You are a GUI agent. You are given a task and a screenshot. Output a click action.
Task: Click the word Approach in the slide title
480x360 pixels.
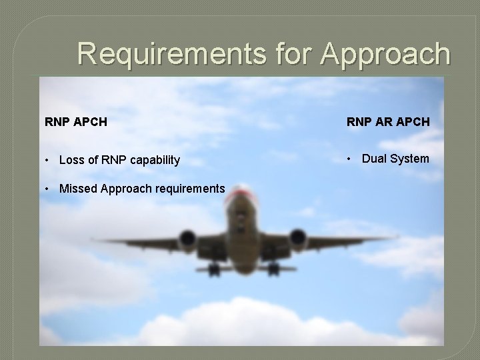pos(385,53)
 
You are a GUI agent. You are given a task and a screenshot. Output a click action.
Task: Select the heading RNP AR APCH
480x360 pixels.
pos(388,123)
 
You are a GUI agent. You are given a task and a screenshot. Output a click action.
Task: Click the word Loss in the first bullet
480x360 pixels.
pos(72,160)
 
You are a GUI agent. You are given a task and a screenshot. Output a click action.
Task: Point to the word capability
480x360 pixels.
pos(151,160)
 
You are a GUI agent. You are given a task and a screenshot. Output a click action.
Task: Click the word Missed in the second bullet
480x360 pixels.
pos(77,189)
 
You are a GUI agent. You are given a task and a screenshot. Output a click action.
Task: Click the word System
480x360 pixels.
pos(409,159)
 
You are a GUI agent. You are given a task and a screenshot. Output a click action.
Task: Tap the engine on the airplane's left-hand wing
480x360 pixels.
pos(186,239)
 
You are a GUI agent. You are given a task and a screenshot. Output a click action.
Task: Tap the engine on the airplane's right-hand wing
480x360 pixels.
pos(297,238)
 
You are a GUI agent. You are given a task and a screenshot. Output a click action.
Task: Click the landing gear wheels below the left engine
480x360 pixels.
pos(213,269)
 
